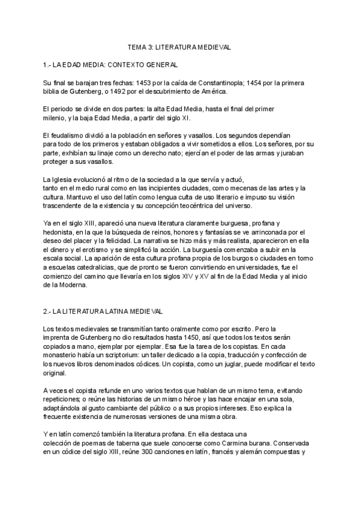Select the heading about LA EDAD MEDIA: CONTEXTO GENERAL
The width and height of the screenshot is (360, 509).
[110, 64]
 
